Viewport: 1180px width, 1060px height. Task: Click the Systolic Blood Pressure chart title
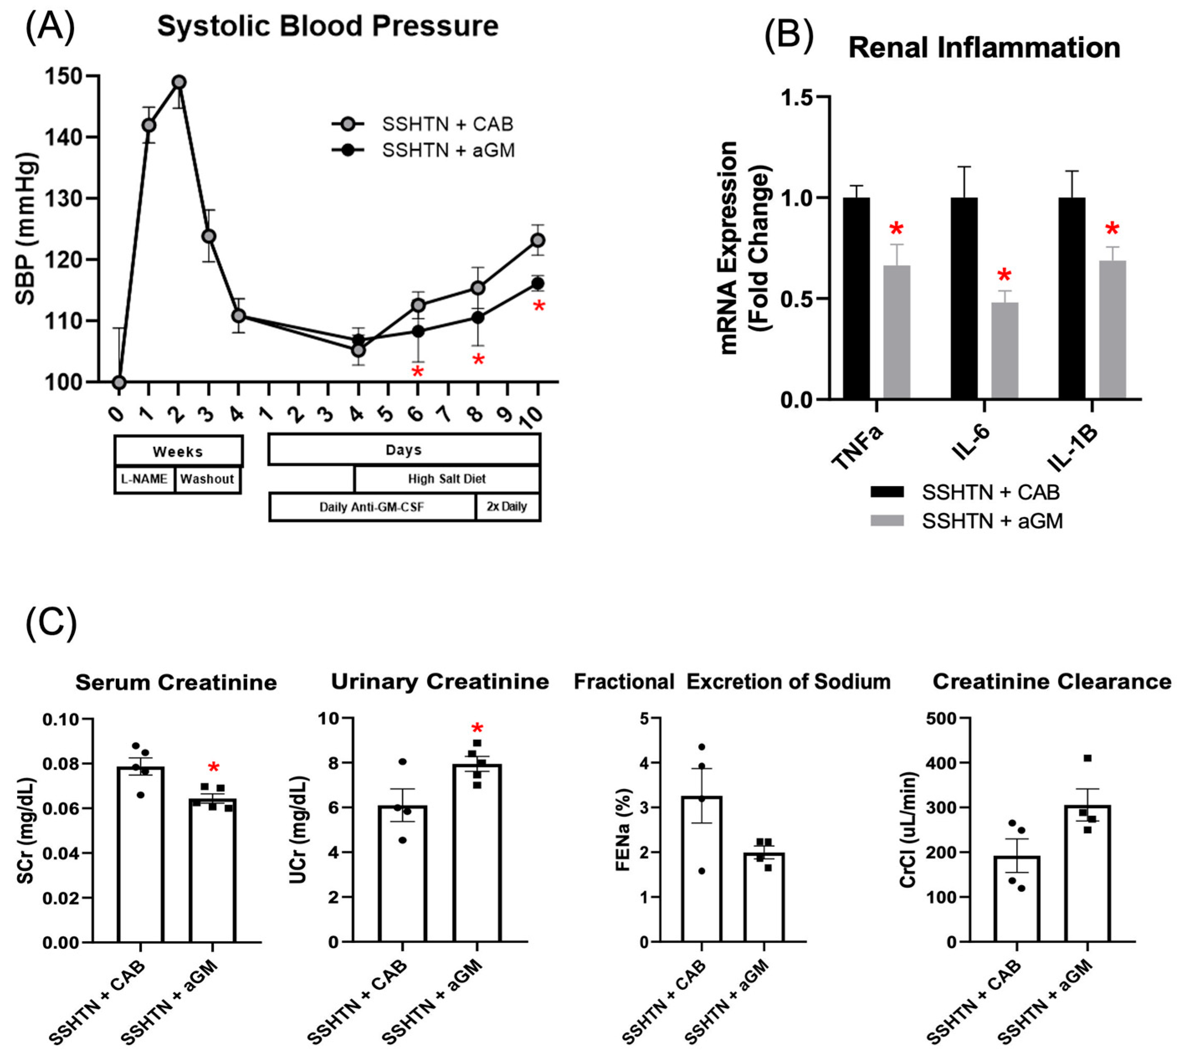coord(328,27)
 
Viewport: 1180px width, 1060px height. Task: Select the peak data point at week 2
coord(179,82)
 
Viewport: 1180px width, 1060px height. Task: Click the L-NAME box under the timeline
coord(144,479)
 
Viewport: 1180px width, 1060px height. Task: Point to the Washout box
coord(207,479)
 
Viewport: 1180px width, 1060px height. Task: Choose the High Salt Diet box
coord(446,479)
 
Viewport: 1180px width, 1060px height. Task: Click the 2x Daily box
coord(507,507)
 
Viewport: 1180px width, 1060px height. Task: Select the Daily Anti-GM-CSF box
coord(372,507)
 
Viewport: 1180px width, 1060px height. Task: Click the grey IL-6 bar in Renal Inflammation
coord(1005,351)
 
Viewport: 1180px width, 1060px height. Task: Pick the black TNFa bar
coord(856,298)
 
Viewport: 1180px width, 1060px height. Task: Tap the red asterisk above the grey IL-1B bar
coord(1112,229)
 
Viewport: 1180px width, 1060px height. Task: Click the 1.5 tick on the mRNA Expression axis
coord(799,98)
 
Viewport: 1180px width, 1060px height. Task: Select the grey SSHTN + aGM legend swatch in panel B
coord(887,520)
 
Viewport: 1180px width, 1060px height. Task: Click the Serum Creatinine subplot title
coord(176,683)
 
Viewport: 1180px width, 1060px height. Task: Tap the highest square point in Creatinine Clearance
coord(1087,758)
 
